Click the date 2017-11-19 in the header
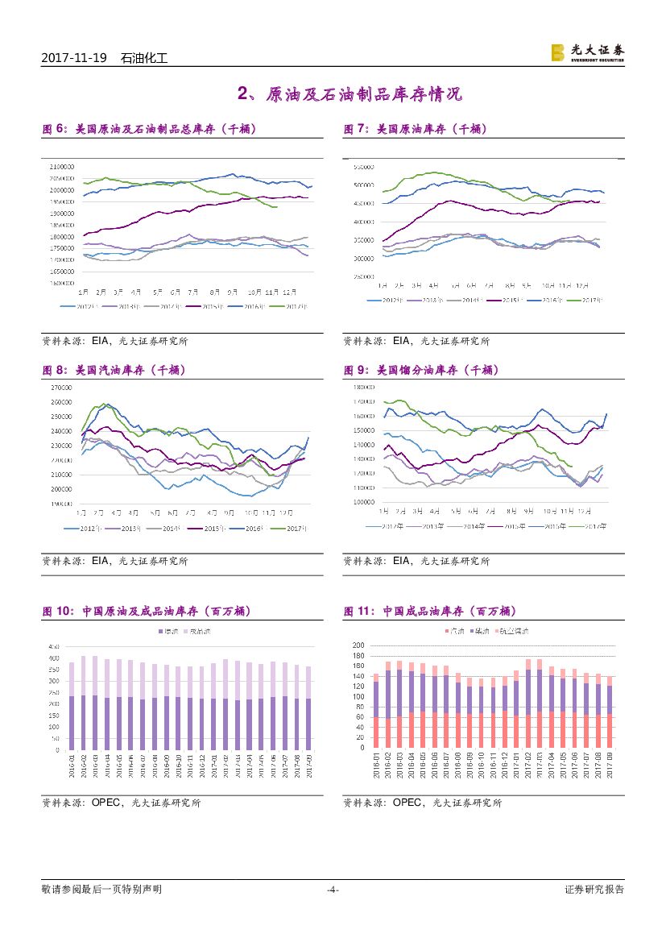(x=73, y=58)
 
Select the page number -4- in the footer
(x=333, y=890)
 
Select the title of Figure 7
(x=415, y=128)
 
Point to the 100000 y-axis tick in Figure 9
(x=365, y=502)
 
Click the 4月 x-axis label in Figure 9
(x=435, y=511)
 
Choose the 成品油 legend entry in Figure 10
(x=198, y=631)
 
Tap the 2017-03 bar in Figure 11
(x=538, y=693)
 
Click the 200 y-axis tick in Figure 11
(x=359, y=645)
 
